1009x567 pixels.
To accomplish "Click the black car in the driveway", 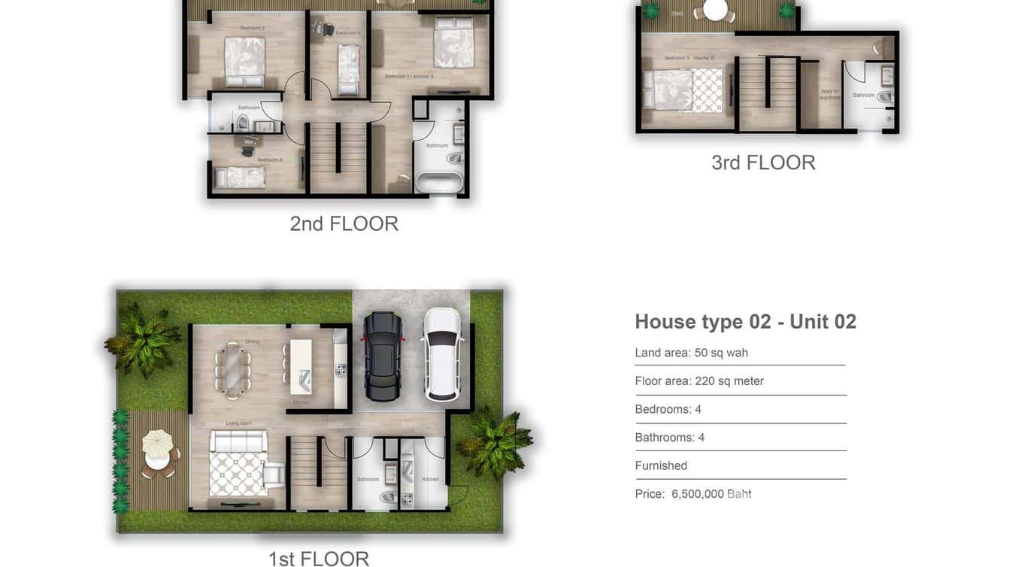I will (x=383, y=356).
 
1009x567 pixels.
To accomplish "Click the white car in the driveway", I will (x=442, y=354).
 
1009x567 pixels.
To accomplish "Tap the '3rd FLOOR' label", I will (x=763, y=162).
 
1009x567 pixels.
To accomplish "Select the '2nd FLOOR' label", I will (x=344, y=223).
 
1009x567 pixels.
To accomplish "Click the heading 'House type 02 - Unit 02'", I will (x=745, y=322).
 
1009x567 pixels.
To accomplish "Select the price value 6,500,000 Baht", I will (x=711, y=494).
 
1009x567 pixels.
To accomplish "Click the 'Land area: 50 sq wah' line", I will (x=691, y=353).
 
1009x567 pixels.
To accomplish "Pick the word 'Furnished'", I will (x=661, y=465).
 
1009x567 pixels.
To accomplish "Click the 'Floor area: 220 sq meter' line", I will (x=698, y=381).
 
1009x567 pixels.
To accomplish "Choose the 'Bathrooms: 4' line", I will (x=669, y=438).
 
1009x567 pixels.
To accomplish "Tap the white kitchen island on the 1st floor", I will (x=301, y=366).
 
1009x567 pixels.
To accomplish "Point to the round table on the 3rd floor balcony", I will (x=715, y=10).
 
